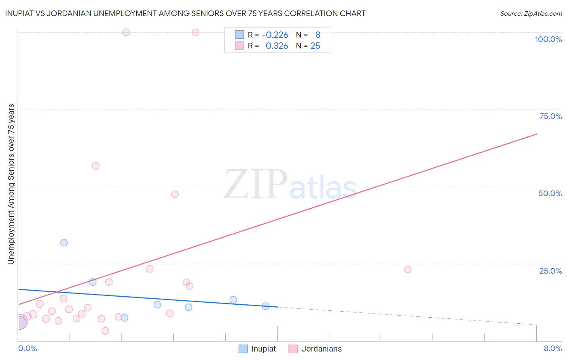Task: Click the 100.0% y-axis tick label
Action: coord(548,39)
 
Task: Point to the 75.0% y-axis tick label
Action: coord(550,116)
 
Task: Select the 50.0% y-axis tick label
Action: coord(550,193)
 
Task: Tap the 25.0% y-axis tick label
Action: coord(550,271)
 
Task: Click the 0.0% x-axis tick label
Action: coord(27,348)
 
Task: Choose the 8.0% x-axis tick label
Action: coord(552,348)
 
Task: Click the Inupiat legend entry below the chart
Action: coord(257,349)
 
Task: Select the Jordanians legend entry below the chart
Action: coord(315,349)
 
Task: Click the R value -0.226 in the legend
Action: coord(275,35)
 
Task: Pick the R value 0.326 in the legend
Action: coord(277,46)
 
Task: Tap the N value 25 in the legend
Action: coord(315,46)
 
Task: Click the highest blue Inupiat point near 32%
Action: coord(64,243)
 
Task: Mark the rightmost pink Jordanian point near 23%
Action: coord(408,269)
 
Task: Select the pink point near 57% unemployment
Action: coord(96,166)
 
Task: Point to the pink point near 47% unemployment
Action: coord(175,194)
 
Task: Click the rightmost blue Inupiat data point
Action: coord(265,306)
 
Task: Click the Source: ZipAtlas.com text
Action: coord(531,14)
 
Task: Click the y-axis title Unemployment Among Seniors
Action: coord(11,184)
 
